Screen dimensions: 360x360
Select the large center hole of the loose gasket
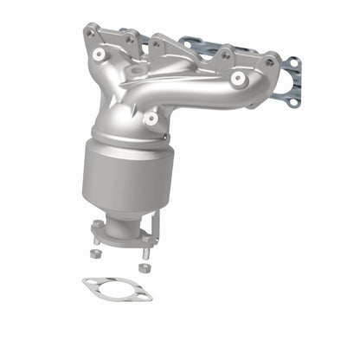[x=117, y=289]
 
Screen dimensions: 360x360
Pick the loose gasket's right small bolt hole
[x=145, y=296]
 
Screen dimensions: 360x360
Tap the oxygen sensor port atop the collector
[x=137, y=68]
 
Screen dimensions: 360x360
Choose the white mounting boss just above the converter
[x=152, y=117]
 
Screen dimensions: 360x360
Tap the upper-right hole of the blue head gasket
[x=294, y=63]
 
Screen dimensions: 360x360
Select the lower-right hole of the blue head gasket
[x=294, y=102]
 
